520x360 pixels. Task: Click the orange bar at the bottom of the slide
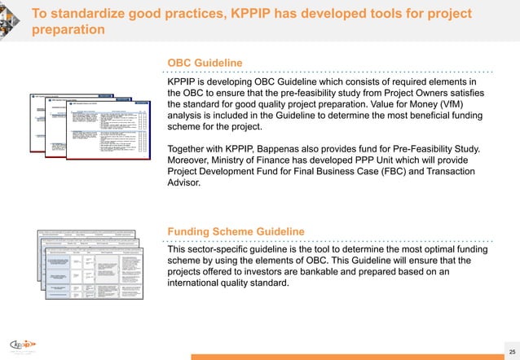coord(350,356)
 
